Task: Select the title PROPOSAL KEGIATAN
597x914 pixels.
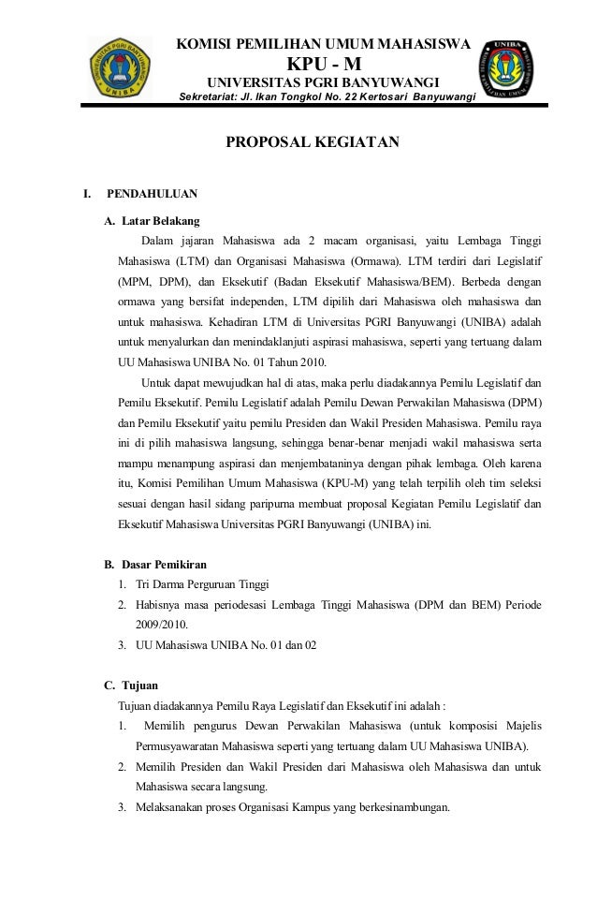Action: point(310,142)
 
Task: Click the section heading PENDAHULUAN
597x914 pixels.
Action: point(152,196)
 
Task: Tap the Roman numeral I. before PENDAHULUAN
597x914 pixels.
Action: point(87,196)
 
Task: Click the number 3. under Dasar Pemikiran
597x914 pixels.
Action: point(123,645)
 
